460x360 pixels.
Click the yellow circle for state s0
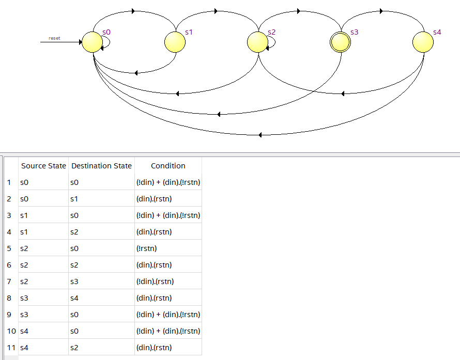[93, 42]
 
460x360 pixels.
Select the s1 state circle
[175, 42]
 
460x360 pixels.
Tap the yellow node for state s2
[258, 42]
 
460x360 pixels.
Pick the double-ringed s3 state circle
[341, 42]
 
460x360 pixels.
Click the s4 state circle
[423, 42]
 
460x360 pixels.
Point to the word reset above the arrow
[54, 38]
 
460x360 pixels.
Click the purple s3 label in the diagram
[354, 32]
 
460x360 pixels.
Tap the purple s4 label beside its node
[437, 32]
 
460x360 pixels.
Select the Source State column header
[43, 166]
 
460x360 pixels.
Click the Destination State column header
[101, 166]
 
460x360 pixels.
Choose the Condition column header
[168, 166]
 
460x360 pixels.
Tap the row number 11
[10, 348]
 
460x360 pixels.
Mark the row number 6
[9, 265]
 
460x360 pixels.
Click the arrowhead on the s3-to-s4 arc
[381, 11]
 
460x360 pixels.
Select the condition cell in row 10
[167, 331]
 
